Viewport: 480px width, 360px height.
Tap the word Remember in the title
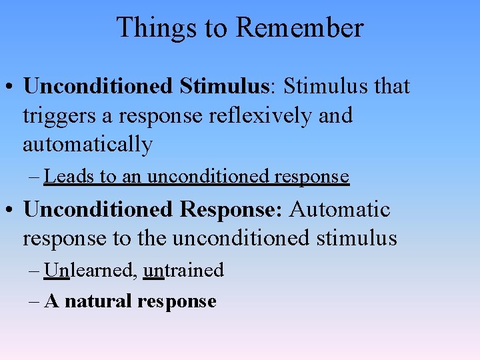pos(299,28)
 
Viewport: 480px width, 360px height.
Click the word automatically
pos(87,145)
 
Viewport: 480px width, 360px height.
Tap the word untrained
pos(183,270)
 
